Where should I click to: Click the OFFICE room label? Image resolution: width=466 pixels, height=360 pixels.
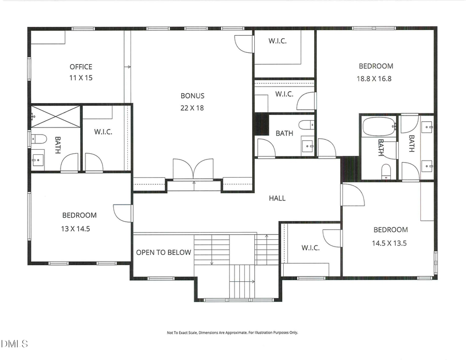pyautogui.click(x=81, y=66)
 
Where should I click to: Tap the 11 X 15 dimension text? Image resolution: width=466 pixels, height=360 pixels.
pyautogui.click(x=81, y=78)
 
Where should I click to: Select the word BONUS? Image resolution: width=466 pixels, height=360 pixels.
pyautogui.click(x=192, y=95)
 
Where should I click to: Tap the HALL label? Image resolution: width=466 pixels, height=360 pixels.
pyautogui.click(x=277, y=198)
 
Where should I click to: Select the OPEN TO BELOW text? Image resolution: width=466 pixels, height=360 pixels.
pyautogui.click(x=164, y=252)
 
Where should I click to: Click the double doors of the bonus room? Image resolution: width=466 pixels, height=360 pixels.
pyautogui.click(x=193, y=169)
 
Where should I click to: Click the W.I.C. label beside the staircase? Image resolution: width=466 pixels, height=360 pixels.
pyautogui.click(x=311, y=248)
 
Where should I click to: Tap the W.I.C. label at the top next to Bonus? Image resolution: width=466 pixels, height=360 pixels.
pyautogui.click(x=277, y=41)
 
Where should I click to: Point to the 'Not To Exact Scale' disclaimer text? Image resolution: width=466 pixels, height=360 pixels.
pyautogui.click(x=232, y=333)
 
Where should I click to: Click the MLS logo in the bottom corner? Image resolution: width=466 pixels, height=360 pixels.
pyautogui.click(x=14, y=343)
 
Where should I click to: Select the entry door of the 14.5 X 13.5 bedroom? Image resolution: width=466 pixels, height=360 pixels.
pyautogui.click(x=351, y=195)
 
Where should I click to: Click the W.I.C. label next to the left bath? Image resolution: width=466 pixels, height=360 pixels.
pyautogui.click(x=103, y=132)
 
